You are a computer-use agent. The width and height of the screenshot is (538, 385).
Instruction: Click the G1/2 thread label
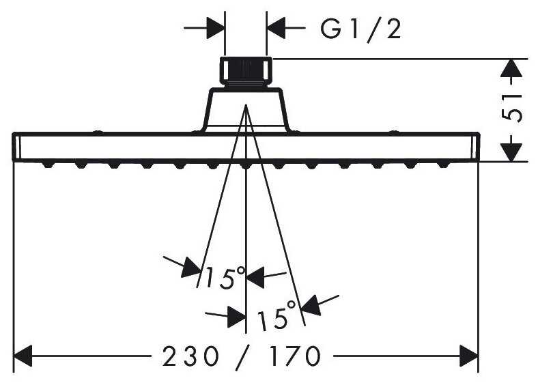(360, 30)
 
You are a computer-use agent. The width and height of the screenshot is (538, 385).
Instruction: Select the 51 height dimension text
(511, 107)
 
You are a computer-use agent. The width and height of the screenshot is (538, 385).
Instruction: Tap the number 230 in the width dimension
(190, 356)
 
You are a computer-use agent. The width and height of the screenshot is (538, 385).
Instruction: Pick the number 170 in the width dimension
(294, 356)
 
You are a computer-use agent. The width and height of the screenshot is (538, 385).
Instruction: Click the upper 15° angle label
(225, 277)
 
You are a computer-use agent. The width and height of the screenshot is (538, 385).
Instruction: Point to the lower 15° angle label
(277, 315)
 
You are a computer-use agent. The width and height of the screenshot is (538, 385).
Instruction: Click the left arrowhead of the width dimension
(23, 356)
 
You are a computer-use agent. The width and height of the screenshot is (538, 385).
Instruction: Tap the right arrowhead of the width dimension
(469, 356)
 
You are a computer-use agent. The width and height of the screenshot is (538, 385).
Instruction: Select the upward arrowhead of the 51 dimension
(511, 68)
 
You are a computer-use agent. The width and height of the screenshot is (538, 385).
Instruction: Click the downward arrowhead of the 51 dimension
(511, 152)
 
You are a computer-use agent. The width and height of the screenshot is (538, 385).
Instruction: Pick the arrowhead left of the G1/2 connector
(216, 28)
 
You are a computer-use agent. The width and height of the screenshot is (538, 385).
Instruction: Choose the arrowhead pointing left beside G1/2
(277, 28)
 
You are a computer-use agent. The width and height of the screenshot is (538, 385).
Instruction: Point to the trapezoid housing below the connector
(246, 110)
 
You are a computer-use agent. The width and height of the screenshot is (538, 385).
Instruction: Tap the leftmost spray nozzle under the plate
(48, 165)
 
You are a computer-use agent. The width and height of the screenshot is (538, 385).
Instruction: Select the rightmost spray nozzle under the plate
(443, 165)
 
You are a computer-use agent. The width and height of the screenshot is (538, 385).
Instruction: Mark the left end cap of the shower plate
(16, 147)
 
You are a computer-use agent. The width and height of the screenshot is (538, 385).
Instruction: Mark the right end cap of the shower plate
(475, 147)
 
